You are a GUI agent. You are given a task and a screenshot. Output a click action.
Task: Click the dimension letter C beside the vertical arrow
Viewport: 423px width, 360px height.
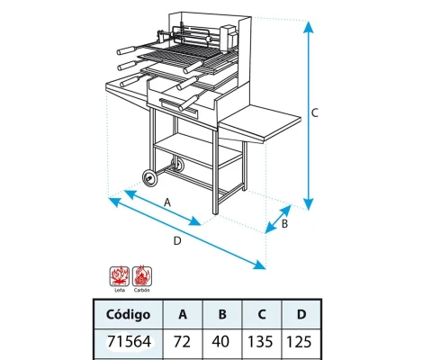tap(314, 113)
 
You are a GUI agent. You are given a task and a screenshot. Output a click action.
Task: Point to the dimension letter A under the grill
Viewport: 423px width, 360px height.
tap(168, 202)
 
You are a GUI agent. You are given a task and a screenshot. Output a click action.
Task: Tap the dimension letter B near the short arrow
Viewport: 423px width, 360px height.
tap(284, 223)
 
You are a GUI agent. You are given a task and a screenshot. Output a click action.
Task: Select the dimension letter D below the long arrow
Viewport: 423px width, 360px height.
tap(176, 240)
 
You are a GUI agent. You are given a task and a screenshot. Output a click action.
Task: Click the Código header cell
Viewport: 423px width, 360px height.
tap(129, 315)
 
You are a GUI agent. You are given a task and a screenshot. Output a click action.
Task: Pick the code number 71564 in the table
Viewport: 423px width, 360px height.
tap(129, 342)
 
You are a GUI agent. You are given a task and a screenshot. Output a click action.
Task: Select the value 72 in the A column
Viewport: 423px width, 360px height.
tap(183, 342)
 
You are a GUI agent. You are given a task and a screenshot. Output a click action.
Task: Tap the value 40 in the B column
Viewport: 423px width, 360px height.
tap(222, 342)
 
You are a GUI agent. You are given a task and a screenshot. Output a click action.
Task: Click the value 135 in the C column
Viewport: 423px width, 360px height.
tap(262, 342)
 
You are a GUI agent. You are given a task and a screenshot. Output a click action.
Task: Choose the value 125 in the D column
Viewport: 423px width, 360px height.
tap(301, 342)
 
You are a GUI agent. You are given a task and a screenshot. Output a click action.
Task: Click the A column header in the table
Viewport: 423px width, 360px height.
tap(183, 315)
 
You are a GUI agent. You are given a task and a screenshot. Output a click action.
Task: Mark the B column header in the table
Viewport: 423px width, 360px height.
tap(222, 315)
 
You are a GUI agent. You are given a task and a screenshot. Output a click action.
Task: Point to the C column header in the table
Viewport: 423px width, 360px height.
tap(262, 315)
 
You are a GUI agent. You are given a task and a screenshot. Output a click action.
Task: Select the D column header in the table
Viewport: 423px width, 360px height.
tap(301, 315)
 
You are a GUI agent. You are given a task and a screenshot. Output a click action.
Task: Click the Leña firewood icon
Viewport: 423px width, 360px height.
tap(118, 274)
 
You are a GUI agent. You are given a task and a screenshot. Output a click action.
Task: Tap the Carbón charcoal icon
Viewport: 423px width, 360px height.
tap(141, 274)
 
